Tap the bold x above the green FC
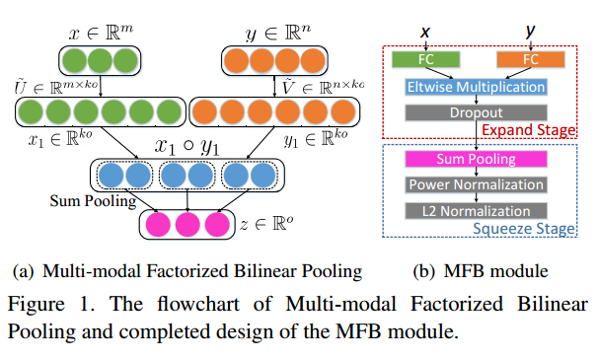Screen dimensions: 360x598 point(426,34)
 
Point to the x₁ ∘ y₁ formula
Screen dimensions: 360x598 point(187,145)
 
